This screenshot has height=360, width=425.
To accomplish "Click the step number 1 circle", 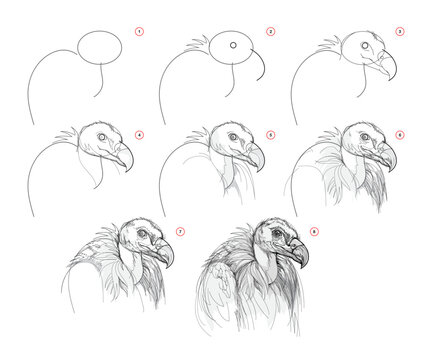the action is coord(139,32).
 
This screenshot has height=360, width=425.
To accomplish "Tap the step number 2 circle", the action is coord(270,32).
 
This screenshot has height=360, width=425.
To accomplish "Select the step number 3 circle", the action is coord(400,32).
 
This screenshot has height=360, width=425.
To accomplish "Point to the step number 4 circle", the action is coord(139,135).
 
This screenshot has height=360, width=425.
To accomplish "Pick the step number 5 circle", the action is coord(270,135).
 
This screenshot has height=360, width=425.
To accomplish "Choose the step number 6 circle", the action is coord(400,135).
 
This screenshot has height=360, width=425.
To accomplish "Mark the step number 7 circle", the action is coord(180,231).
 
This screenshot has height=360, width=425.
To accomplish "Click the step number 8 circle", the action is coord(314,231).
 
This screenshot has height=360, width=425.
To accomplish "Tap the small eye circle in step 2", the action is coord(233,45).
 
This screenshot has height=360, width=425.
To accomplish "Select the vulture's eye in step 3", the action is coord(365,45).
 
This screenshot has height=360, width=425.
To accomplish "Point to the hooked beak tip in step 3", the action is coord(391,80).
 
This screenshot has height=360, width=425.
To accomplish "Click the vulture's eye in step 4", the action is coord(102,137).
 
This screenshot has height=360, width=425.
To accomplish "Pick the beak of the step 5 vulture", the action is coord(256,156).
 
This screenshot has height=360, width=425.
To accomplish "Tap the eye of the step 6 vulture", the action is coord(365,137).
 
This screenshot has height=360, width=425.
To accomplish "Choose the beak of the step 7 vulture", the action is coord(164,253).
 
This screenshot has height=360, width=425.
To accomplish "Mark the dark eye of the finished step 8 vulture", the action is coord(277,233).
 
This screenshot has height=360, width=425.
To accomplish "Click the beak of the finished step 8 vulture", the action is coord(298,252).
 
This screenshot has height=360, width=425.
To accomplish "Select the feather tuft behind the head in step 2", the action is coord(199,44).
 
